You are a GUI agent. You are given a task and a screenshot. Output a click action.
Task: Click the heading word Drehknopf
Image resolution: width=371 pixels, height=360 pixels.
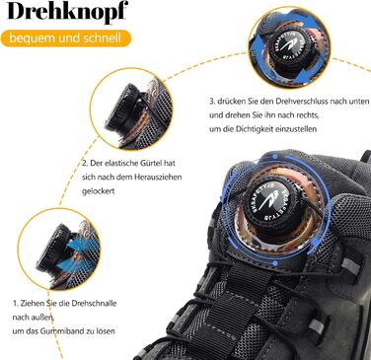[x=67, y=12]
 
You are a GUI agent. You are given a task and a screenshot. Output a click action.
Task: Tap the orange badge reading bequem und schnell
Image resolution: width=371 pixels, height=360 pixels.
[x=65, y=38]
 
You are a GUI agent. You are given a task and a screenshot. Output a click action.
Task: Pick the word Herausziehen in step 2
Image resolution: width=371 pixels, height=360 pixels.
[x=158, y=177]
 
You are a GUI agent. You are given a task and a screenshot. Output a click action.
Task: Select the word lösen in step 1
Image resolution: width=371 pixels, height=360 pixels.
[x=106, y=330]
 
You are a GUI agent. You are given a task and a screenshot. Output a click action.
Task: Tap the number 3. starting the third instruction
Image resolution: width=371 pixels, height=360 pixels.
[x=212, y=102]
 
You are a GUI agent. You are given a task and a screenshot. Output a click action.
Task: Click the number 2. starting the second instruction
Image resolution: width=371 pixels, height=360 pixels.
[x=85, y=163]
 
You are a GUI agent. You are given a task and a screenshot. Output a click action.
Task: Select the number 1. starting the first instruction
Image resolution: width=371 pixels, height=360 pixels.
[x=15, y=303]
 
